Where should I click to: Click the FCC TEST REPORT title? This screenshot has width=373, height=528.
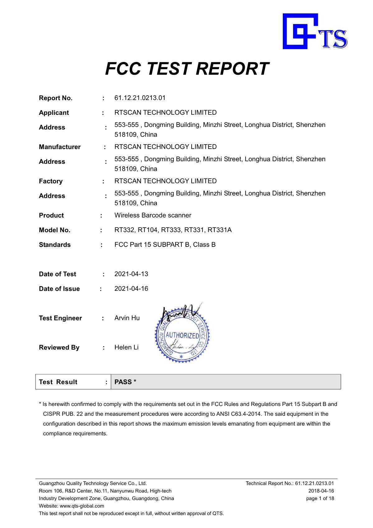coord(187,69)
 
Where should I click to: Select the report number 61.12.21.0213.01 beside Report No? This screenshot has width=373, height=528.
coord(140,98)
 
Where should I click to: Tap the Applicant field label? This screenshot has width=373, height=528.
coord(54,113)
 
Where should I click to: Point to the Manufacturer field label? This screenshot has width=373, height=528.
coord(60,147)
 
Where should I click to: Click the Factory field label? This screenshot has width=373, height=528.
coord(51,181)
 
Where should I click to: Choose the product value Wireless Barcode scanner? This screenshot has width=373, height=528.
coord(153,215)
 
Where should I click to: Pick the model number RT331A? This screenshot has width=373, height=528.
coord(220,230)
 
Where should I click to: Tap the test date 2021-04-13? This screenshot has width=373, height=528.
coord(131,274)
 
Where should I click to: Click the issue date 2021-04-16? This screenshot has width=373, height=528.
coord(131,289)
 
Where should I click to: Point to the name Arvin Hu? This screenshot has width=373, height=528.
coord(127,318)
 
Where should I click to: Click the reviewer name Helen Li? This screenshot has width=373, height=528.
coord(126,347)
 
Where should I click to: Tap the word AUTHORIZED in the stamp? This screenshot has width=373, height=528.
coord(182,336)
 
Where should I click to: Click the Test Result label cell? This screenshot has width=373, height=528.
coord(58,382)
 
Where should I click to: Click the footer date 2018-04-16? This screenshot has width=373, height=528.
coord(321,491)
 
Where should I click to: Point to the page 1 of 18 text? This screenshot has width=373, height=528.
coord(320,498)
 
